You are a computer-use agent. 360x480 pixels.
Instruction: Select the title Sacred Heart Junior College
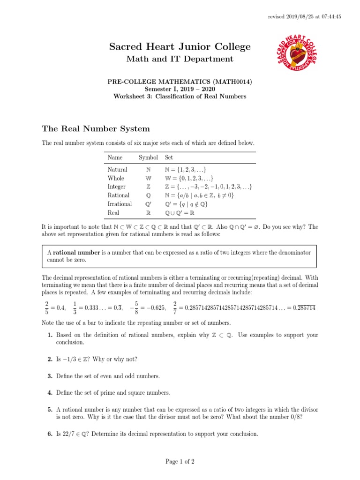pos(180,46)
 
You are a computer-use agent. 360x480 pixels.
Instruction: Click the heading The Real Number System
pos(96,128)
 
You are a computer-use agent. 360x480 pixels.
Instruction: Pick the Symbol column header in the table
pos(148,157)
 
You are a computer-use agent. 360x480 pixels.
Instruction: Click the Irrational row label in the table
pos(120,204)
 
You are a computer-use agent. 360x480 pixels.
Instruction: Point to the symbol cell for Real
pos(148,212)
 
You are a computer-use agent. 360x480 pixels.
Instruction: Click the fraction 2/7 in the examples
pos(175,307)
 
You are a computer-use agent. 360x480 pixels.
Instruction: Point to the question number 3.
pos(49,376)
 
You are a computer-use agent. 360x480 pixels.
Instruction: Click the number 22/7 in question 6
pos(69,434)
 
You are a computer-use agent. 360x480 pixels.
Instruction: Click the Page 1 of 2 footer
pos(180,462)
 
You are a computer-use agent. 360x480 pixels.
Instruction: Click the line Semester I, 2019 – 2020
pos(180,89)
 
